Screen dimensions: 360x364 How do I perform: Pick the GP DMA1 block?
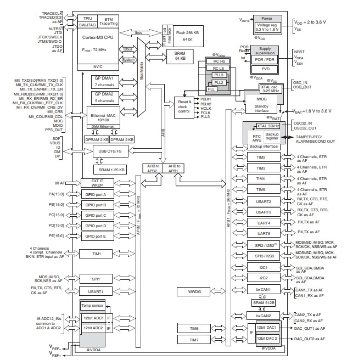104,82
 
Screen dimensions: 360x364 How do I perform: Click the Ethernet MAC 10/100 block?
104,116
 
